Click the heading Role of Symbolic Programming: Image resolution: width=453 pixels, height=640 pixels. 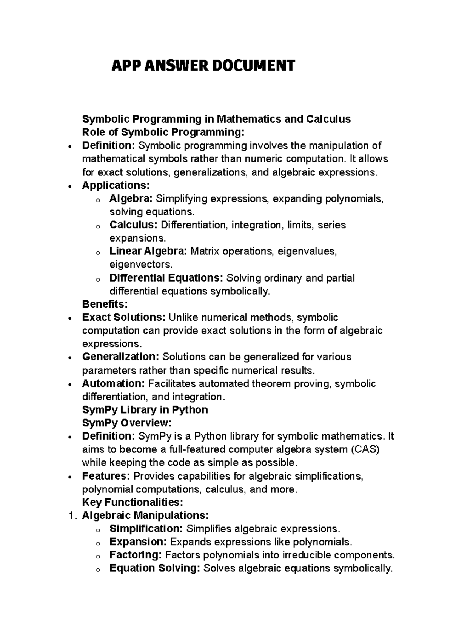coord(163,132)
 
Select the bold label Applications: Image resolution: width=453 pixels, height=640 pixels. coord(116,185)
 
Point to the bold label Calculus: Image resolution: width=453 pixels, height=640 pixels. coord(133,225)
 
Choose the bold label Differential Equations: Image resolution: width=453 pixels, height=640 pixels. coord(166,278)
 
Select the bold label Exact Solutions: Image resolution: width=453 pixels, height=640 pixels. coord(124,317)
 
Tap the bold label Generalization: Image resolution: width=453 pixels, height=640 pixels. coord(121,357)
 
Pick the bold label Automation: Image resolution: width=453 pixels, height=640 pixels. coord(113,384)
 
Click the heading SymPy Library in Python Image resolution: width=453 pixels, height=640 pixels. coord(145,410)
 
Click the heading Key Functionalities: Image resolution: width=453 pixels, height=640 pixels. coord(133,502)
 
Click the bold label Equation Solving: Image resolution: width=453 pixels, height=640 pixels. coord(154,568)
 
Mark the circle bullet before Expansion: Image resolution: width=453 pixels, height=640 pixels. coord(97,543)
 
